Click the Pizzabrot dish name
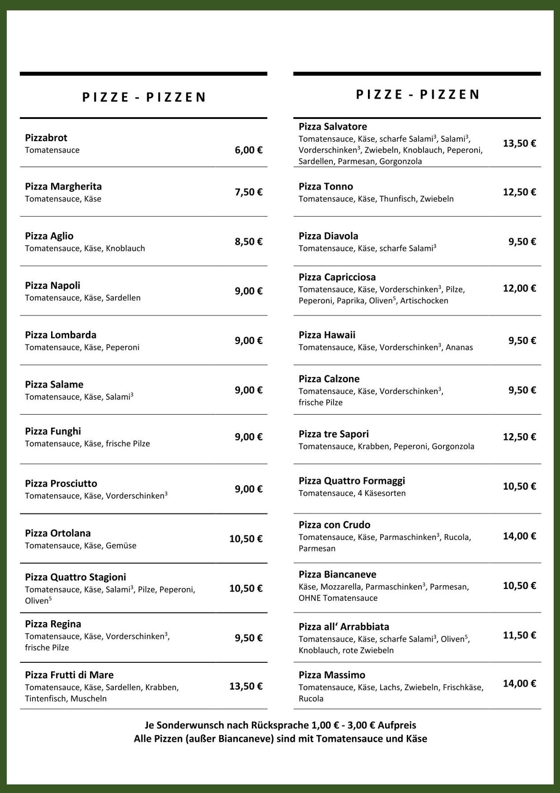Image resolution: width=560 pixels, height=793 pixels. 46,138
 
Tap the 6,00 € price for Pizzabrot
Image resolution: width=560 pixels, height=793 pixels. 248,150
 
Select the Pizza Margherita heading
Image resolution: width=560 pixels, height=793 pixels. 63,187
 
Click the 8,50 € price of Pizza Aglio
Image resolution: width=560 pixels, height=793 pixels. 248,241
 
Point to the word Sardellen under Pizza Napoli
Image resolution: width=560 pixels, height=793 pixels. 123,298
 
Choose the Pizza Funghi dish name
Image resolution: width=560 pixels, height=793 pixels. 53,431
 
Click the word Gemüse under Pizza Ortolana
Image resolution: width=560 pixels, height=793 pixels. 121,546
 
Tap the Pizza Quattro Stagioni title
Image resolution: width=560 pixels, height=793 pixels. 75,577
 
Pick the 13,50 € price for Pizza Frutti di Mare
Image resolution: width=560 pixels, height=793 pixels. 245,686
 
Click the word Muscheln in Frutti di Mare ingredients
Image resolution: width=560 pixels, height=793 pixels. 89,699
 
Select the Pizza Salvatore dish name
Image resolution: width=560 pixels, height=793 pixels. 333,127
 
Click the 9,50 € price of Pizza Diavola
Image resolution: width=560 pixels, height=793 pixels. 522,241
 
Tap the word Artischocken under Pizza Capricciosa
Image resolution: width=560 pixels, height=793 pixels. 424,301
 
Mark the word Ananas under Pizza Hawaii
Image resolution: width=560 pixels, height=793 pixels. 459,348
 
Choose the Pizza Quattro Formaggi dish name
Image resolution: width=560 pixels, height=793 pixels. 352,481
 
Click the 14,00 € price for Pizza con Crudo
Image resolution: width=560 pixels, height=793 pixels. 519,536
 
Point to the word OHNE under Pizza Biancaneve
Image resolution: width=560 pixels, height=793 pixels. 310,598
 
